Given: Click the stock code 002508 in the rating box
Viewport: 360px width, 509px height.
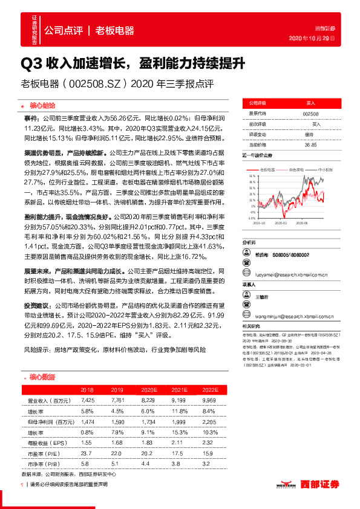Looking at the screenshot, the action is pyautogui.click(x=310, y=114).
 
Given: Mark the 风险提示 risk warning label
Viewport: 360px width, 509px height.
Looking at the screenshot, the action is pyautogui.click(x=35, y=350).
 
